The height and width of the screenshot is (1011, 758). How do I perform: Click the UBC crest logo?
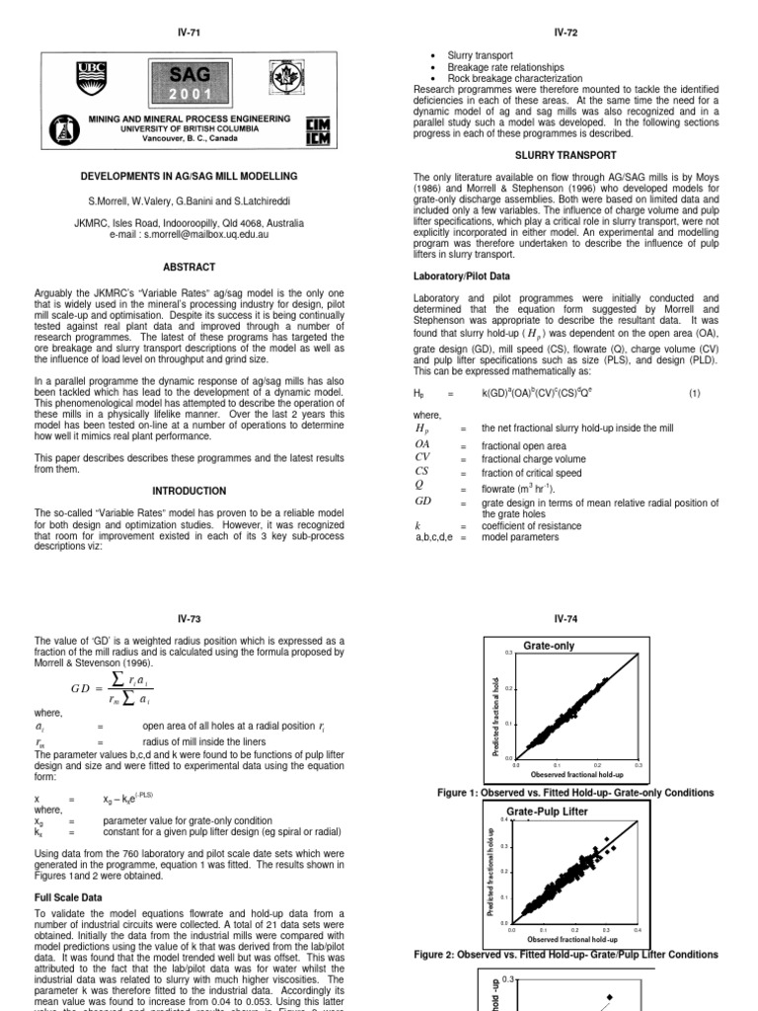point(90,78)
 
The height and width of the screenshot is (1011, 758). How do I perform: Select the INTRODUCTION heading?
point(189,491)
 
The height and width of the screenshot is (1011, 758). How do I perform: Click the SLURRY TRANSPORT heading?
point(566,155)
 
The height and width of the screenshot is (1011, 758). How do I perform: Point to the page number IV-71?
point(189,33)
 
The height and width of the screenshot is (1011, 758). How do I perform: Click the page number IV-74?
point(566,619)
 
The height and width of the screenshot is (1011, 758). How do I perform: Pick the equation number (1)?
point(694,393)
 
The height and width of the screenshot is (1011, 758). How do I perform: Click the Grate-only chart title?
point(548,646)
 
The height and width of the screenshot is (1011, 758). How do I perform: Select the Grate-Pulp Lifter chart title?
point(561,811)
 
